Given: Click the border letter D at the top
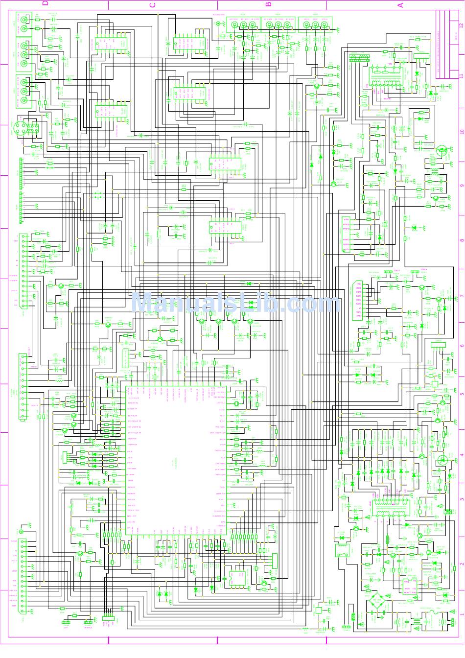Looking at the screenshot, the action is (x=45, y=4).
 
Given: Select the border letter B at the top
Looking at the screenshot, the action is (x=268, y=4).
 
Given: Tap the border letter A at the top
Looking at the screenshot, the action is (x=400, y=4).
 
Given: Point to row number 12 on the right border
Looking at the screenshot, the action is (x=461, y=24).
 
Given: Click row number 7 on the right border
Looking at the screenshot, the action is (x=461, y=296).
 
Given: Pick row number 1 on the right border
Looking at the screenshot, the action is (x=461, y=612).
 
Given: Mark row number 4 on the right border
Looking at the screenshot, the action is (x=461, y=455).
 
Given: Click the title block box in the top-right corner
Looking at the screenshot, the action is (x=447, y=49).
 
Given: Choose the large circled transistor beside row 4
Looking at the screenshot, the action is (x=442, y=459).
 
